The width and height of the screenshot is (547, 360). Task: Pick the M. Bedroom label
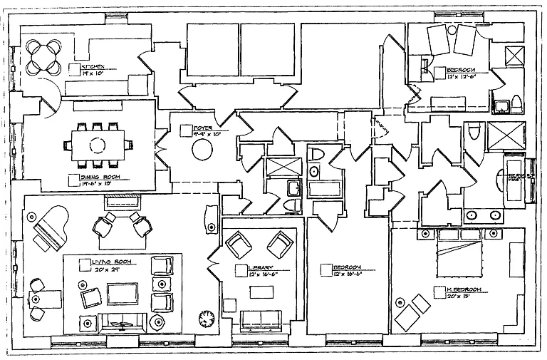(x=463, y=289)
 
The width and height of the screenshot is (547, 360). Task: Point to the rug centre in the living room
(x=123, y=293)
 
